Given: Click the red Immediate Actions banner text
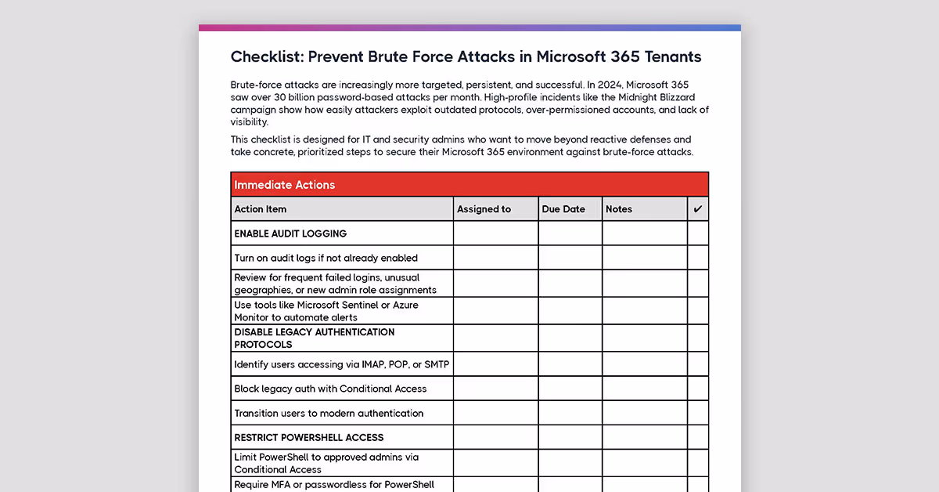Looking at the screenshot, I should click(285, 185).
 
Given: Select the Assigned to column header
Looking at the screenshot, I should click(484, 209).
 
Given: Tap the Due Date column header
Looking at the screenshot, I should click(563, 209).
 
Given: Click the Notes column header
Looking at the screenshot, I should click(619, 209).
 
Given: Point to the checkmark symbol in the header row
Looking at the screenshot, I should click(698, 209).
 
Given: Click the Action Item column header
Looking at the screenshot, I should click(261, 209).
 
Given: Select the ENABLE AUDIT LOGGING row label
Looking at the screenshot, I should click(290, 233).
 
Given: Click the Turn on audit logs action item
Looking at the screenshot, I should click(326, 258).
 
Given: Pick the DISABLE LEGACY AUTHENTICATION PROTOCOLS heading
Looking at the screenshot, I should click(314, 338).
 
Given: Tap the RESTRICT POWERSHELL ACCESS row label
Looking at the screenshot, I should click(308, 437).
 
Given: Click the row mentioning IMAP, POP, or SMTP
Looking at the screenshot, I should click(341, 364).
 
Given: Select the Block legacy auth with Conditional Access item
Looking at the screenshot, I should click(330, 389).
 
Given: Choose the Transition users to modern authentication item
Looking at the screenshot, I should click(329, 413).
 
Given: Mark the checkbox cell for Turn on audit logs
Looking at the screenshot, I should click(698, 258).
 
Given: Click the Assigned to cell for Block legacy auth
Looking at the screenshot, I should click(495, 389).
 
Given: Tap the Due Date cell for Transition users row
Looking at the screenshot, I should click(570, 413).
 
